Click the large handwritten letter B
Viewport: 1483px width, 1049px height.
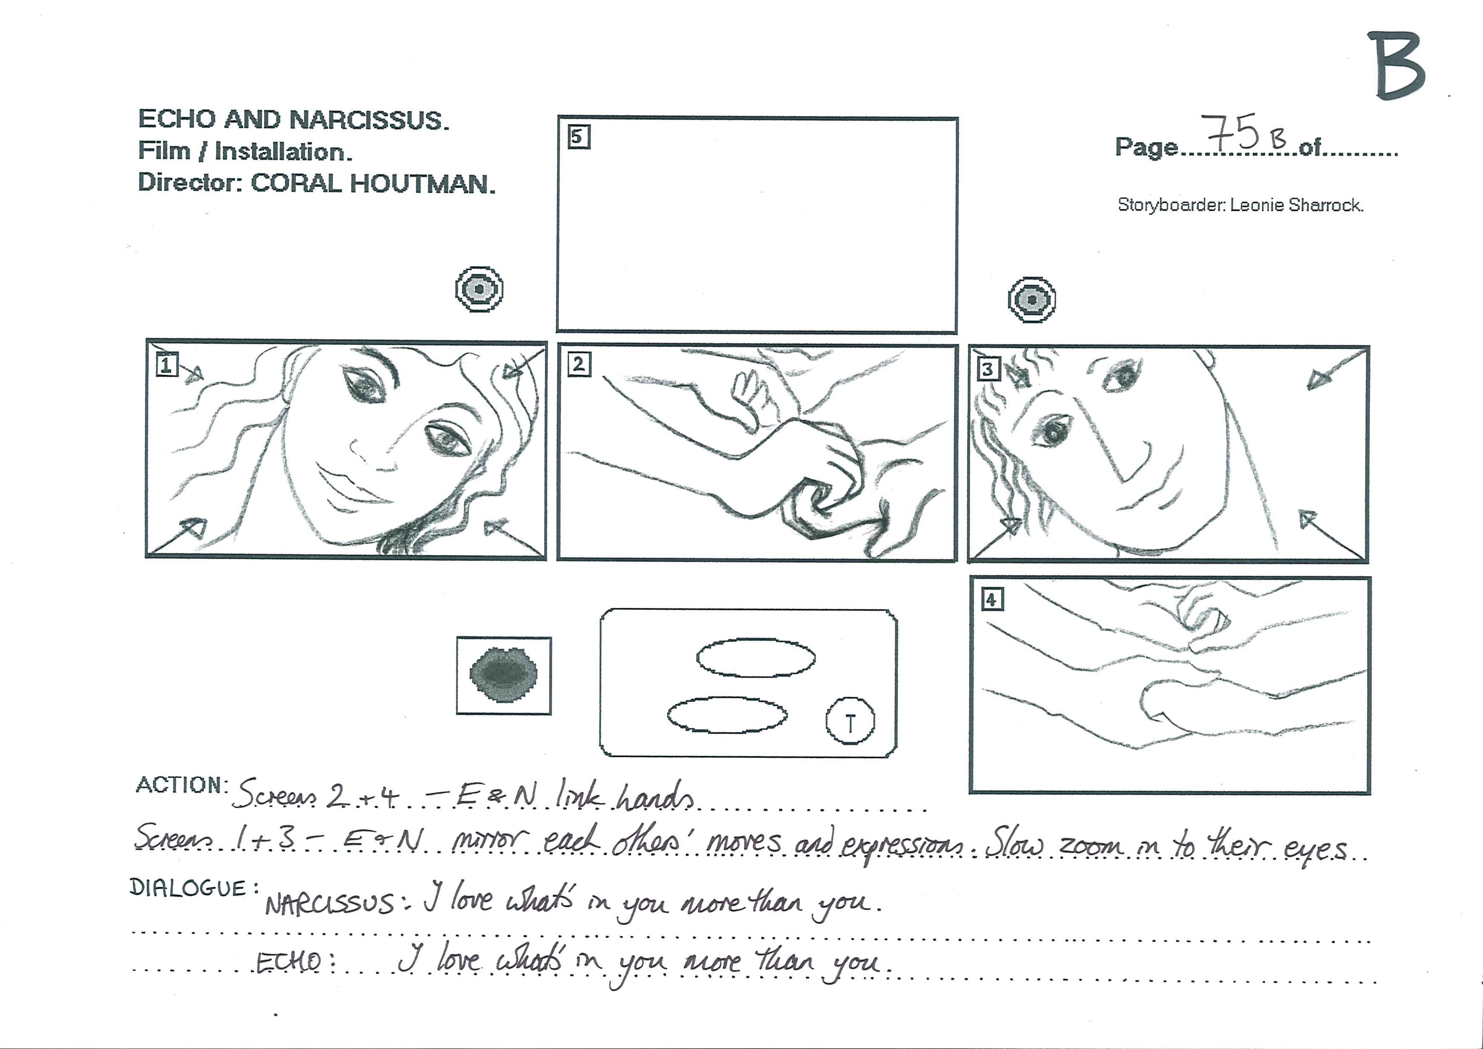(1396, 66)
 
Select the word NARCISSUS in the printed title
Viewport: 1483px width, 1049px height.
(368, 120)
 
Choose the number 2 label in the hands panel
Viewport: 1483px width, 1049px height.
(579, 365)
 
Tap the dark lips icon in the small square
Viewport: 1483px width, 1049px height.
(504, 675)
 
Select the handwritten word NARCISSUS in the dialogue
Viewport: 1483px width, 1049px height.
(329, 903)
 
